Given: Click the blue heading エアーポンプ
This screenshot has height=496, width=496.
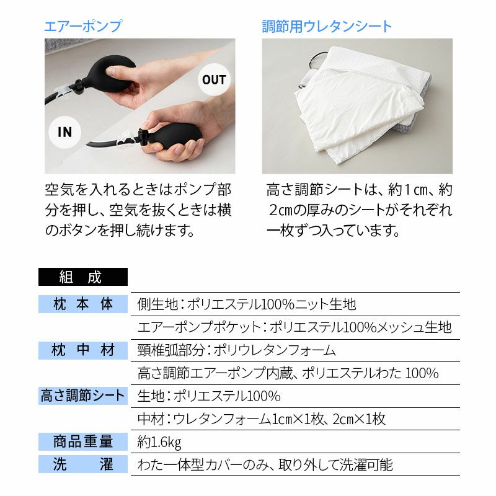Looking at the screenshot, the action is [83, 26].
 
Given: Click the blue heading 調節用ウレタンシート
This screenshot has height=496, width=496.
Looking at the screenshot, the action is [327, 26].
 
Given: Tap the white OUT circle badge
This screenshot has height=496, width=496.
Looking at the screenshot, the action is [215, 80].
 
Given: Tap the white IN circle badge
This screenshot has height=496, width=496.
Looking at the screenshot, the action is [65, 132].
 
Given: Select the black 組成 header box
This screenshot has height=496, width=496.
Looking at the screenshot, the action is [83, 277].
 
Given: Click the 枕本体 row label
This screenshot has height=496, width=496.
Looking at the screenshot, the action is [83, 304].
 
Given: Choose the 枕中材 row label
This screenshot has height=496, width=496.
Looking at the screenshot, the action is [83, 350].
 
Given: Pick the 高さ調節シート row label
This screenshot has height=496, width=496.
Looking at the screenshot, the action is [83, 396].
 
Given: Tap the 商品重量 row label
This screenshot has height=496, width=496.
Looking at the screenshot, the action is [83, 441].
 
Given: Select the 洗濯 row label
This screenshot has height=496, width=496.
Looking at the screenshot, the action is [83, 464].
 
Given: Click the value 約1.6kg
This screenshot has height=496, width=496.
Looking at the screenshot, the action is [159, 442].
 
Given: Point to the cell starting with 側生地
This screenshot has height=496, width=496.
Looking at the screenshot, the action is [247, 304].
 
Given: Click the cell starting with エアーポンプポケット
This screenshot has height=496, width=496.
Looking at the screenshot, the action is [294, 327].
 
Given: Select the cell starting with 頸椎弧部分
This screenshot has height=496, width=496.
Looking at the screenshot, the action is [237, 350].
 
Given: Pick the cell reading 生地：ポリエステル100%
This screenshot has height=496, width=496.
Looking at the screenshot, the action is [209, 396].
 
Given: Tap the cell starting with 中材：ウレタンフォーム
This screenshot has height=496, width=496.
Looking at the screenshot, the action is [262, 419].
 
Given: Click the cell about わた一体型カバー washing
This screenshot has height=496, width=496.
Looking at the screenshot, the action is [265, 465].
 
